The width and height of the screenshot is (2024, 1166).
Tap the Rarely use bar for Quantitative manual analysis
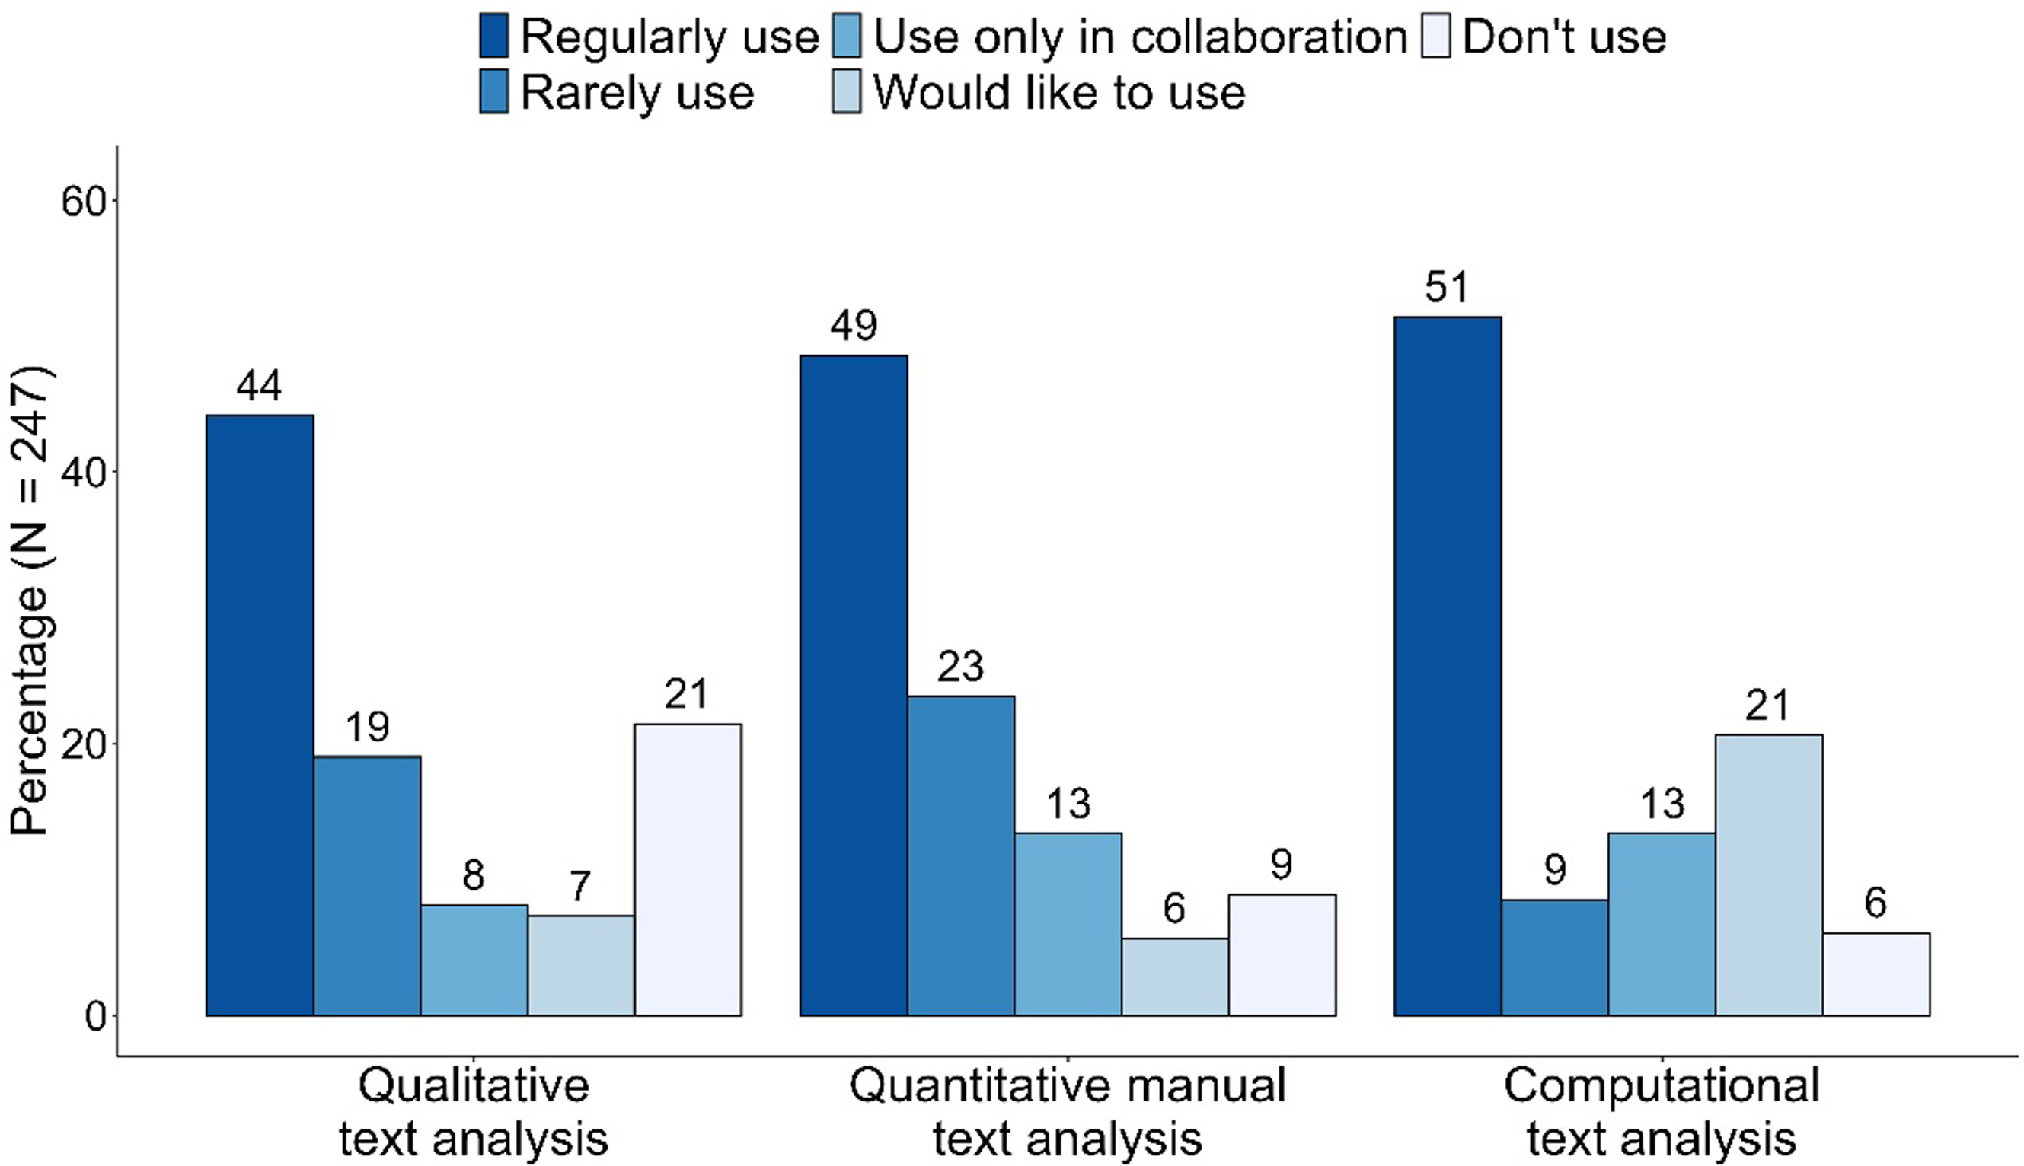[x=960, y=855]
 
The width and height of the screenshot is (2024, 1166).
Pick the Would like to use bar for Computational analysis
[x=1768, y=874]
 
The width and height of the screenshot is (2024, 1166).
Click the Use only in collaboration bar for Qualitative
[x=474, y=961]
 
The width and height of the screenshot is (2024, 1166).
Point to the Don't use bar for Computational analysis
[x=1876, y=973]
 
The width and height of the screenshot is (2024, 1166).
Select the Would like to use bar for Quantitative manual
[x=1174, y=976]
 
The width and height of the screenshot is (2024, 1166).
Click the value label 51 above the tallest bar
[x=1447, y=288]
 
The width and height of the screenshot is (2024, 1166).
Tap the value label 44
[x=259, y=386]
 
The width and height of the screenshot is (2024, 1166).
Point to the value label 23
[x=960, y=666]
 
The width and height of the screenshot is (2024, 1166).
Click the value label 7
[x=580, y=887]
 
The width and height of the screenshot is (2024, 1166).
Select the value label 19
[x=367, y=727]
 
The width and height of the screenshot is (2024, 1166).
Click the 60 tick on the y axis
[x=83, y=202]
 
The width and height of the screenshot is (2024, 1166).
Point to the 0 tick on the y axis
[x=94, y=1016]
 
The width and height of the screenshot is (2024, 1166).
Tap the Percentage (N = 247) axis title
[x=30, y=601]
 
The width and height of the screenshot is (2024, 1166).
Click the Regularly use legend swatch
[x=493, y=37]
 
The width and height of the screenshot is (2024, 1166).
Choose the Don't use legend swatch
[x=1435, y=37]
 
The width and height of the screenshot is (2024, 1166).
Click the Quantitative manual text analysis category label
[x=1067, y=1111]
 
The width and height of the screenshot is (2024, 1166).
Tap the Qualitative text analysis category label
[x=474, y=1111]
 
